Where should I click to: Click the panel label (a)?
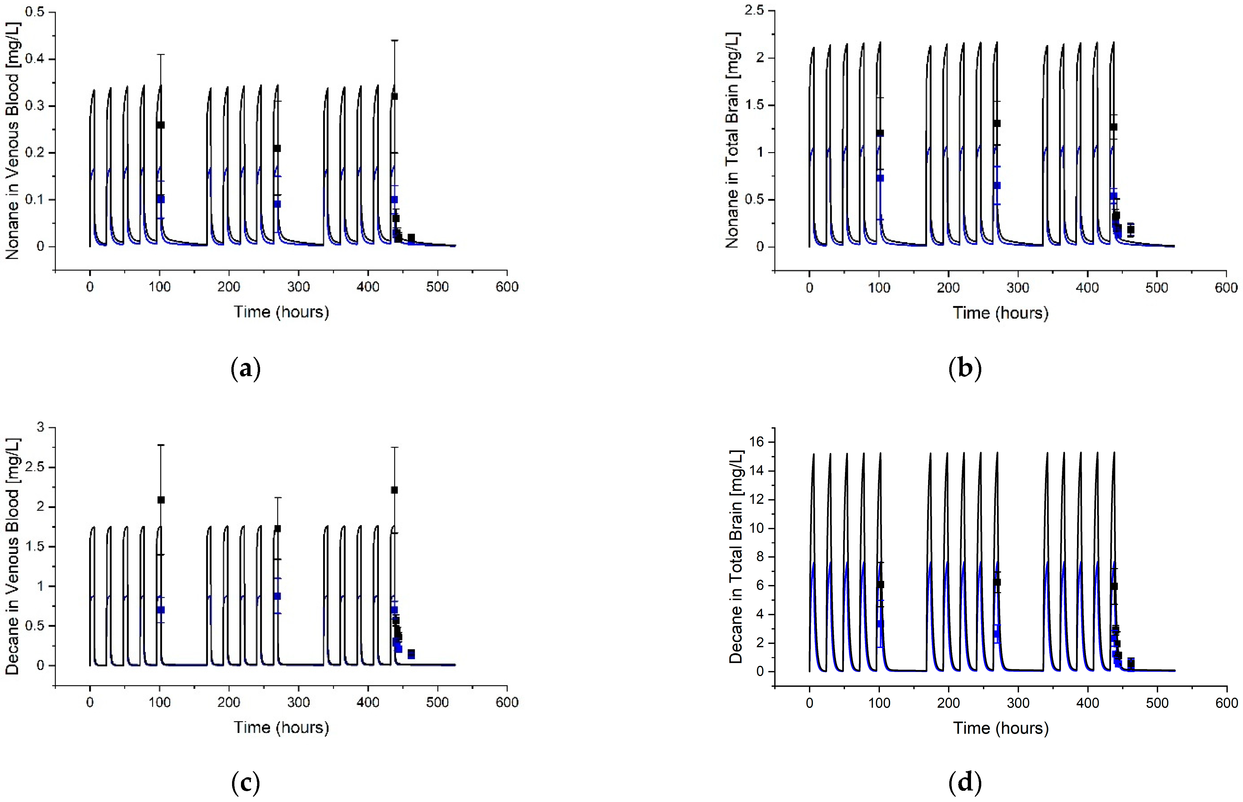(245, 369)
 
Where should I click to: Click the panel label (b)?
(965, 369)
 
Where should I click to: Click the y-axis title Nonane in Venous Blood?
(13, 141)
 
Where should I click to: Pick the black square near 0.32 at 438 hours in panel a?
(394, 96)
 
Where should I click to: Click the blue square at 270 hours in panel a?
(277, 204)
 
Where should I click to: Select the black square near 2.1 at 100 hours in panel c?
(161, 500)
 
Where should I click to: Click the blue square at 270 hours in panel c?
(277, 596)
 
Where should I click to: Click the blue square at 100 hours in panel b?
(880, 178)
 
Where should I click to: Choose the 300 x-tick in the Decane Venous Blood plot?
(298, 702)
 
